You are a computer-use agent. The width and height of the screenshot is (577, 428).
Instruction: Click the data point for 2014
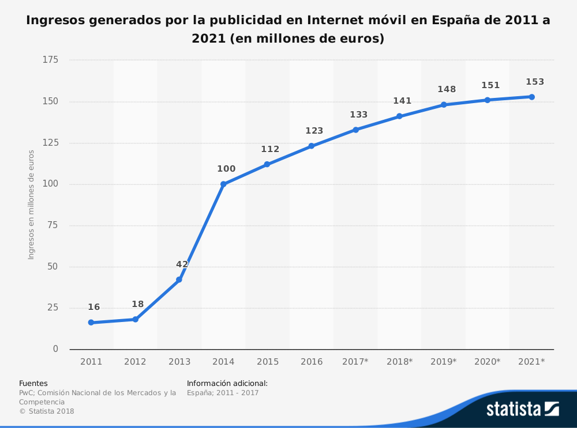[223, 184]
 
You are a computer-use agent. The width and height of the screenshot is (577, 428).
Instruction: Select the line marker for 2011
[91, 323]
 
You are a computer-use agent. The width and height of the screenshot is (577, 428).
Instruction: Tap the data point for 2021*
[531, 97]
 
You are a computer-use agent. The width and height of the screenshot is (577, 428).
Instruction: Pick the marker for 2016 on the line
[312, 146]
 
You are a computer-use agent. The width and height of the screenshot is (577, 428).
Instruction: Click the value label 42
[182, 264]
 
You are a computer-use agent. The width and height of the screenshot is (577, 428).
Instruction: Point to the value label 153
[535, 82]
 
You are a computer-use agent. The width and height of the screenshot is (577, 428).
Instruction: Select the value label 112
[270, 149]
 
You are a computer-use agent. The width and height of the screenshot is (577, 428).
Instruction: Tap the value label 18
[138, 304]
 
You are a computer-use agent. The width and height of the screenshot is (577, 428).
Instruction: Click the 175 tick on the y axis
[51, 60]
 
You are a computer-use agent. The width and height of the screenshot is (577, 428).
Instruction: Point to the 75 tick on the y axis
[53, 225]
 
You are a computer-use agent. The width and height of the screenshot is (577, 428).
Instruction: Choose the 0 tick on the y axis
[55, 349]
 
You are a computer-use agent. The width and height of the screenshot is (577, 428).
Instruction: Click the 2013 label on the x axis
[179, 362]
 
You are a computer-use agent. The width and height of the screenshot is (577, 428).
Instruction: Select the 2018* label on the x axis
[399, 362]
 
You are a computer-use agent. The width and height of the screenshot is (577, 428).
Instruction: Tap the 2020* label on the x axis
[488, 362]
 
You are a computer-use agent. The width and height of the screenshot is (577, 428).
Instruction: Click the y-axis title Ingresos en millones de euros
[32, 204]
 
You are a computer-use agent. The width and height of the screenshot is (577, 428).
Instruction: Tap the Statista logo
[522, 409]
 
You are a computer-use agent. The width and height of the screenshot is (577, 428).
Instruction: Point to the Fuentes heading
[33, 383]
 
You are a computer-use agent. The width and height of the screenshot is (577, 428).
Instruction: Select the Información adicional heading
[227, 383]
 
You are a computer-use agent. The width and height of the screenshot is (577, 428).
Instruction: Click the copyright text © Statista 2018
[47, 411]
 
